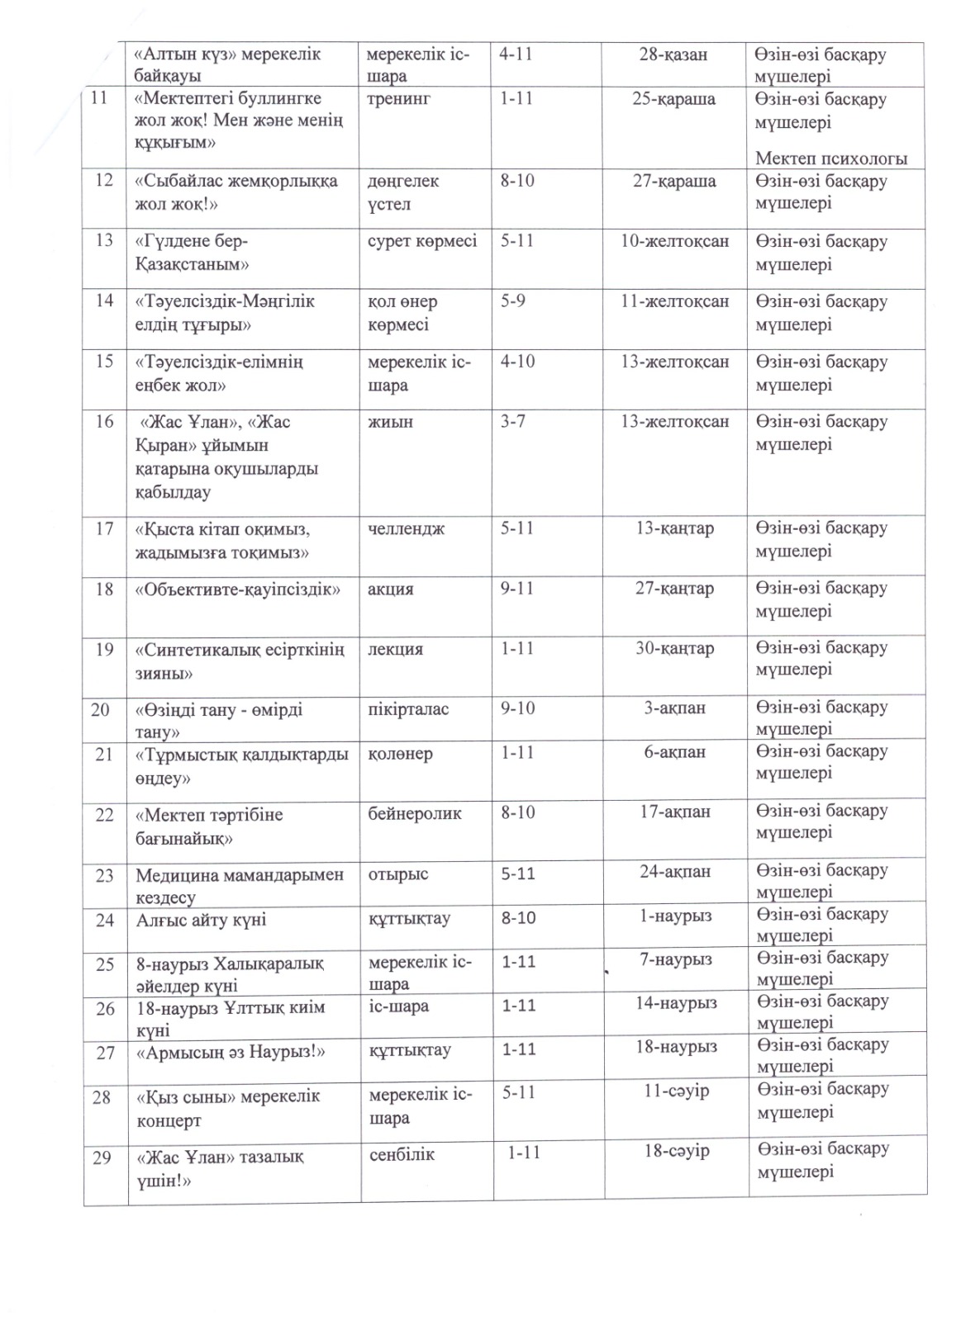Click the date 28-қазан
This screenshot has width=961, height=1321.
(673, 55)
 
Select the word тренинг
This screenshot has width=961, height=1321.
(399, 99)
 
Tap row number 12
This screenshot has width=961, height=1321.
(104, 180)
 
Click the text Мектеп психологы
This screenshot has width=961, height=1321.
(831, 159)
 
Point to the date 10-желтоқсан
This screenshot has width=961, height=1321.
(675, 241)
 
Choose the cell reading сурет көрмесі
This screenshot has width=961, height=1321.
(422, 241)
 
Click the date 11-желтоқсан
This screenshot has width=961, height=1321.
(675, 301)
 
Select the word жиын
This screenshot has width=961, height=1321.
(390, 422)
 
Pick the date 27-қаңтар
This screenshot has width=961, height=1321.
(674, 589)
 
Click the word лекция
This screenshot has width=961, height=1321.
(396, 649)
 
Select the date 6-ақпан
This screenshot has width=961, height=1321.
(675, 753)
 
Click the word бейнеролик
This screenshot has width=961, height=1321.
(415, 814)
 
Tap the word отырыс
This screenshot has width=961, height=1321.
(398, 874)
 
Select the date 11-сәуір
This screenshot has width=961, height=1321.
(677, 1091)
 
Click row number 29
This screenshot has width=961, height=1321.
(102, 1158)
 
